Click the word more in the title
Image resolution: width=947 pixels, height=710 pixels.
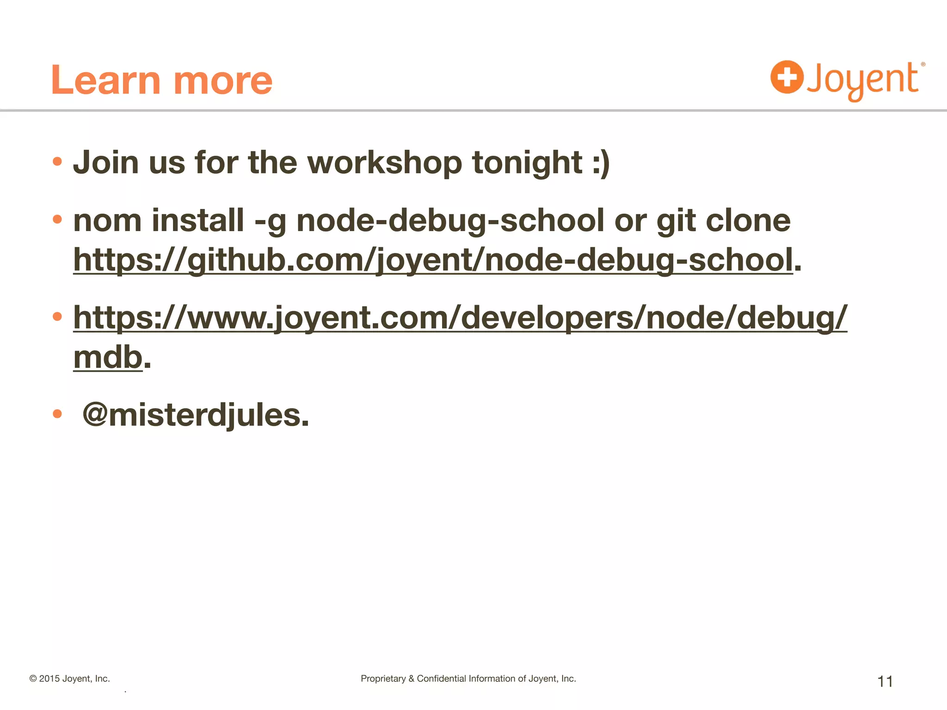(x=223, y=81)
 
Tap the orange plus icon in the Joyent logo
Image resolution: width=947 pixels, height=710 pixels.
(x=787, y=77)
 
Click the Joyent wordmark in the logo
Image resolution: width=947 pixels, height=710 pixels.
(x=863, y=80)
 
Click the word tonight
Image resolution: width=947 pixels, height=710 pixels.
(x=527, y=164)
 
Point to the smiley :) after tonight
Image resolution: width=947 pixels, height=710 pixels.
(x=601, y=164)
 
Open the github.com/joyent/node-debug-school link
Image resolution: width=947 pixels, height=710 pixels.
(x=433, y=260)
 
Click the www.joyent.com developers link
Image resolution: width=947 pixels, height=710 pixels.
(x=460, y=318)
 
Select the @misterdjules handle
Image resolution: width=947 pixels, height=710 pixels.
(x=195, y=415)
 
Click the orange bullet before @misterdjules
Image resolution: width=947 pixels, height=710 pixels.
(x=57, y=413)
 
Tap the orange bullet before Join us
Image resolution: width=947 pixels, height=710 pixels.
(x=57, y=162)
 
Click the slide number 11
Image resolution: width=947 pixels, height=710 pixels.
(x=885, y=681)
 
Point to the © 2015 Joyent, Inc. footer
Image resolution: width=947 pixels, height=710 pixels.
(x=70, y=679)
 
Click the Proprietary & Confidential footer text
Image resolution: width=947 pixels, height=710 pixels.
(x=468, y=679)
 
